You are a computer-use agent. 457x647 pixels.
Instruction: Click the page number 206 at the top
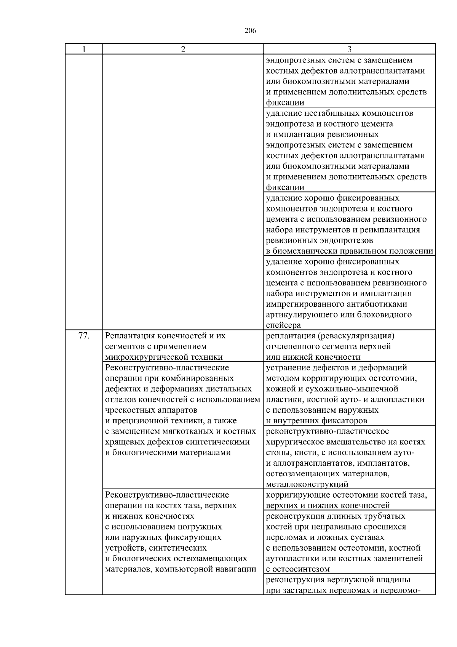pos(250,31)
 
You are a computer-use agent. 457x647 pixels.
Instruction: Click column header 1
pos(83,49)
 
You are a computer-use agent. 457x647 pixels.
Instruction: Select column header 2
pos(183,49)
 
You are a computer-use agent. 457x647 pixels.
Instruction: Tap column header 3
pos(349,49)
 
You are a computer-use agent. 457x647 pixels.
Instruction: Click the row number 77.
pos(84,336)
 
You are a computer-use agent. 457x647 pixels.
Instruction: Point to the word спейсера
pos(283,325)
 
